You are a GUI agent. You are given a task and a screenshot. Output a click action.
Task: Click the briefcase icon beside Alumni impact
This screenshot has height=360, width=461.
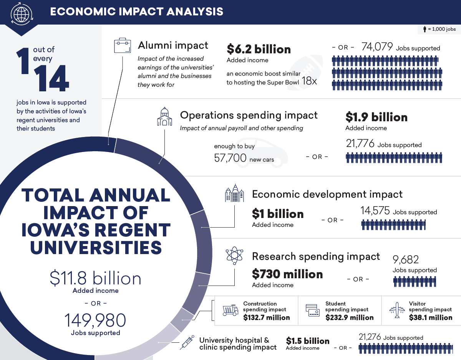(x=123, y=46)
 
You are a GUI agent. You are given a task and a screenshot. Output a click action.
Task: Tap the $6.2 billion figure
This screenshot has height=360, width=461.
(x=259, y=50)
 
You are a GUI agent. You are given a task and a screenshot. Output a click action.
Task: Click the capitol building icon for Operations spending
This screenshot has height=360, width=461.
(x=164, y=117)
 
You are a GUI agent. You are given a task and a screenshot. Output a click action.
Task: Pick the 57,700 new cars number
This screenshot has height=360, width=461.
(x=230, y=159)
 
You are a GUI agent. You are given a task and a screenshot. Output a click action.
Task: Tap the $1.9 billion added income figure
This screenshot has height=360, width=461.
(x=376, y=117)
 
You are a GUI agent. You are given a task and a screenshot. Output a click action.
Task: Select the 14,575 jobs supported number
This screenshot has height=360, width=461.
(x=375, y=211)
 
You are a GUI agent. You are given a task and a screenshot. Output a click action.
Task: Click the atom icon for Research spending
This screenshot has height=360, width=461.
(x=234, y=256)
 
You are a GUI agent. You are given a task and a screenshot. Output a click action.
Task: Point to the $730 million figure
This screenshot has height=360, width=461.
(x=287, y=274)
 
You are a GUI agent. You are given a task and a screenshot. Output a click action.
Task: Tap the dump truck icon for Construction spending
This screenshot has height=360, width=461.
(x=230, y=310)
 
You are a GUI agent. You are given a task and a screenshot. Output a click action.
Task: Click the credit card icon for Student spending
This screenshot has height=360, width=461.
(x=313, y=310)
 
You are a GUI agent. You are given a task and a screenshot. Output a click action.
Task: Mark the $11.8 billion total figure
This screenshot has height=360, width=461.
(x=95, y=279)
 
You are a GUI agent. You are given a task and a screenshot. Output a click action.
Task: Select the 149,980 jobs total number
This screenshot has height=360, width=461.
(x=95, y=320)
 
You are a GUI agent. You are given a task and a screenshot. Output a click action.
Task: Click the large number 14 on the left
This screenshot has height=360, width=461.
(x=51, y=79)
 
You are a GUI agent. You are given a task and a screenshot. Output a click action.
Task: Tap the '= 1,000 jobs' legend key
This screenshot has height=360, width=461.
(x=439, y=29)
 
